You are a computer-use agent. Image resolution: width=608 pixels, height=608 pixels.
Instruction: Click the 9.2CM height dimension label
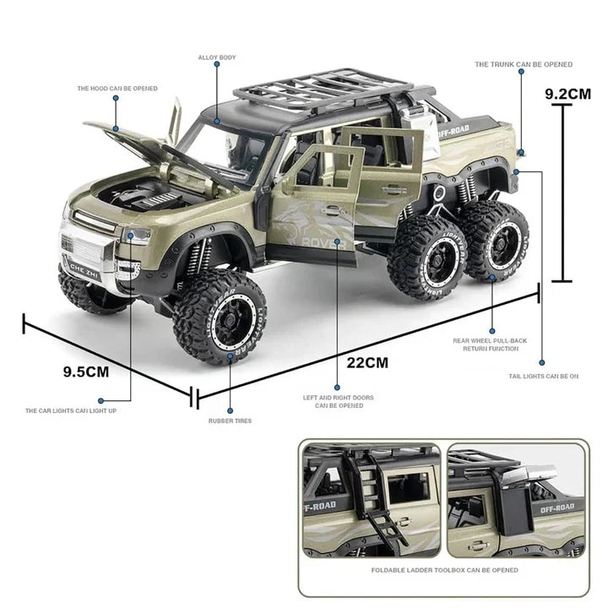(567, 94)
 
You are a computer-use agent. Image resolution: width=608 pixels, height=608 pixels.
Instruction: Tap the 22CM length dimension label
(367, 362)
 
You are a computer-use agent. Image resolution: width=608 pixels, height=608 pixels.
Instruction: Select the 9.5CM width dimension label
(86, 370)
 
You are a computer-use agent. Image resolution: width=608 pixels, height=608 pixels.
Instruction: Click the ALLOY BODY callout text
(217, 57)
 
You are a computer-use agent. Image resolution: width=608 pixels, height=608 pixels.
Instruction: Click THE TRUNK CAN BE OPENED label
(524, 64)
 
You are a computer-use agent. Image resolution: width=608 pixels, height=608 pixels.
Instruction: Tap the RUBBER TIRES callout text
(231, 421)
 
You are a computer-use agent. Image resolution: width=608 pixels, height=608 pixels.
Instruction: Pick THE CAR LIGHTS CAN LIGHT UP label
(82, 410)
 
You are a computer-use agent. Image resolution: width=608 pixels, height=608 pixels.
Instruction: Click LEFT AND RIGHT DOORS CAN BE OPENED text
(339, 401)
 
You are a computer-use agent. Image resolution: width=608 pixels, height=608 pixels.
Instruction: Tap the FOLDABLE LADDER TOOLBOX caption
(445, 570)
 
